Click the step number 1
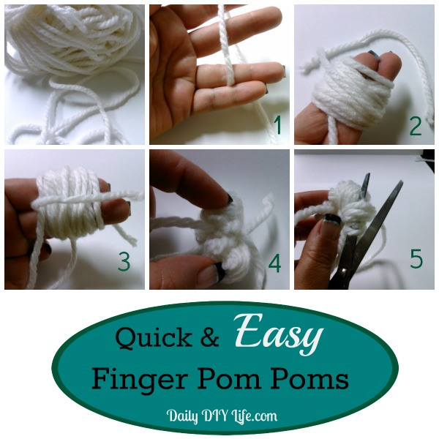coord(276,126)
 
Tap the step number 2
coord(416,126)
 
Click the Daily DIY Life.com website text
coord(222,416)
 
